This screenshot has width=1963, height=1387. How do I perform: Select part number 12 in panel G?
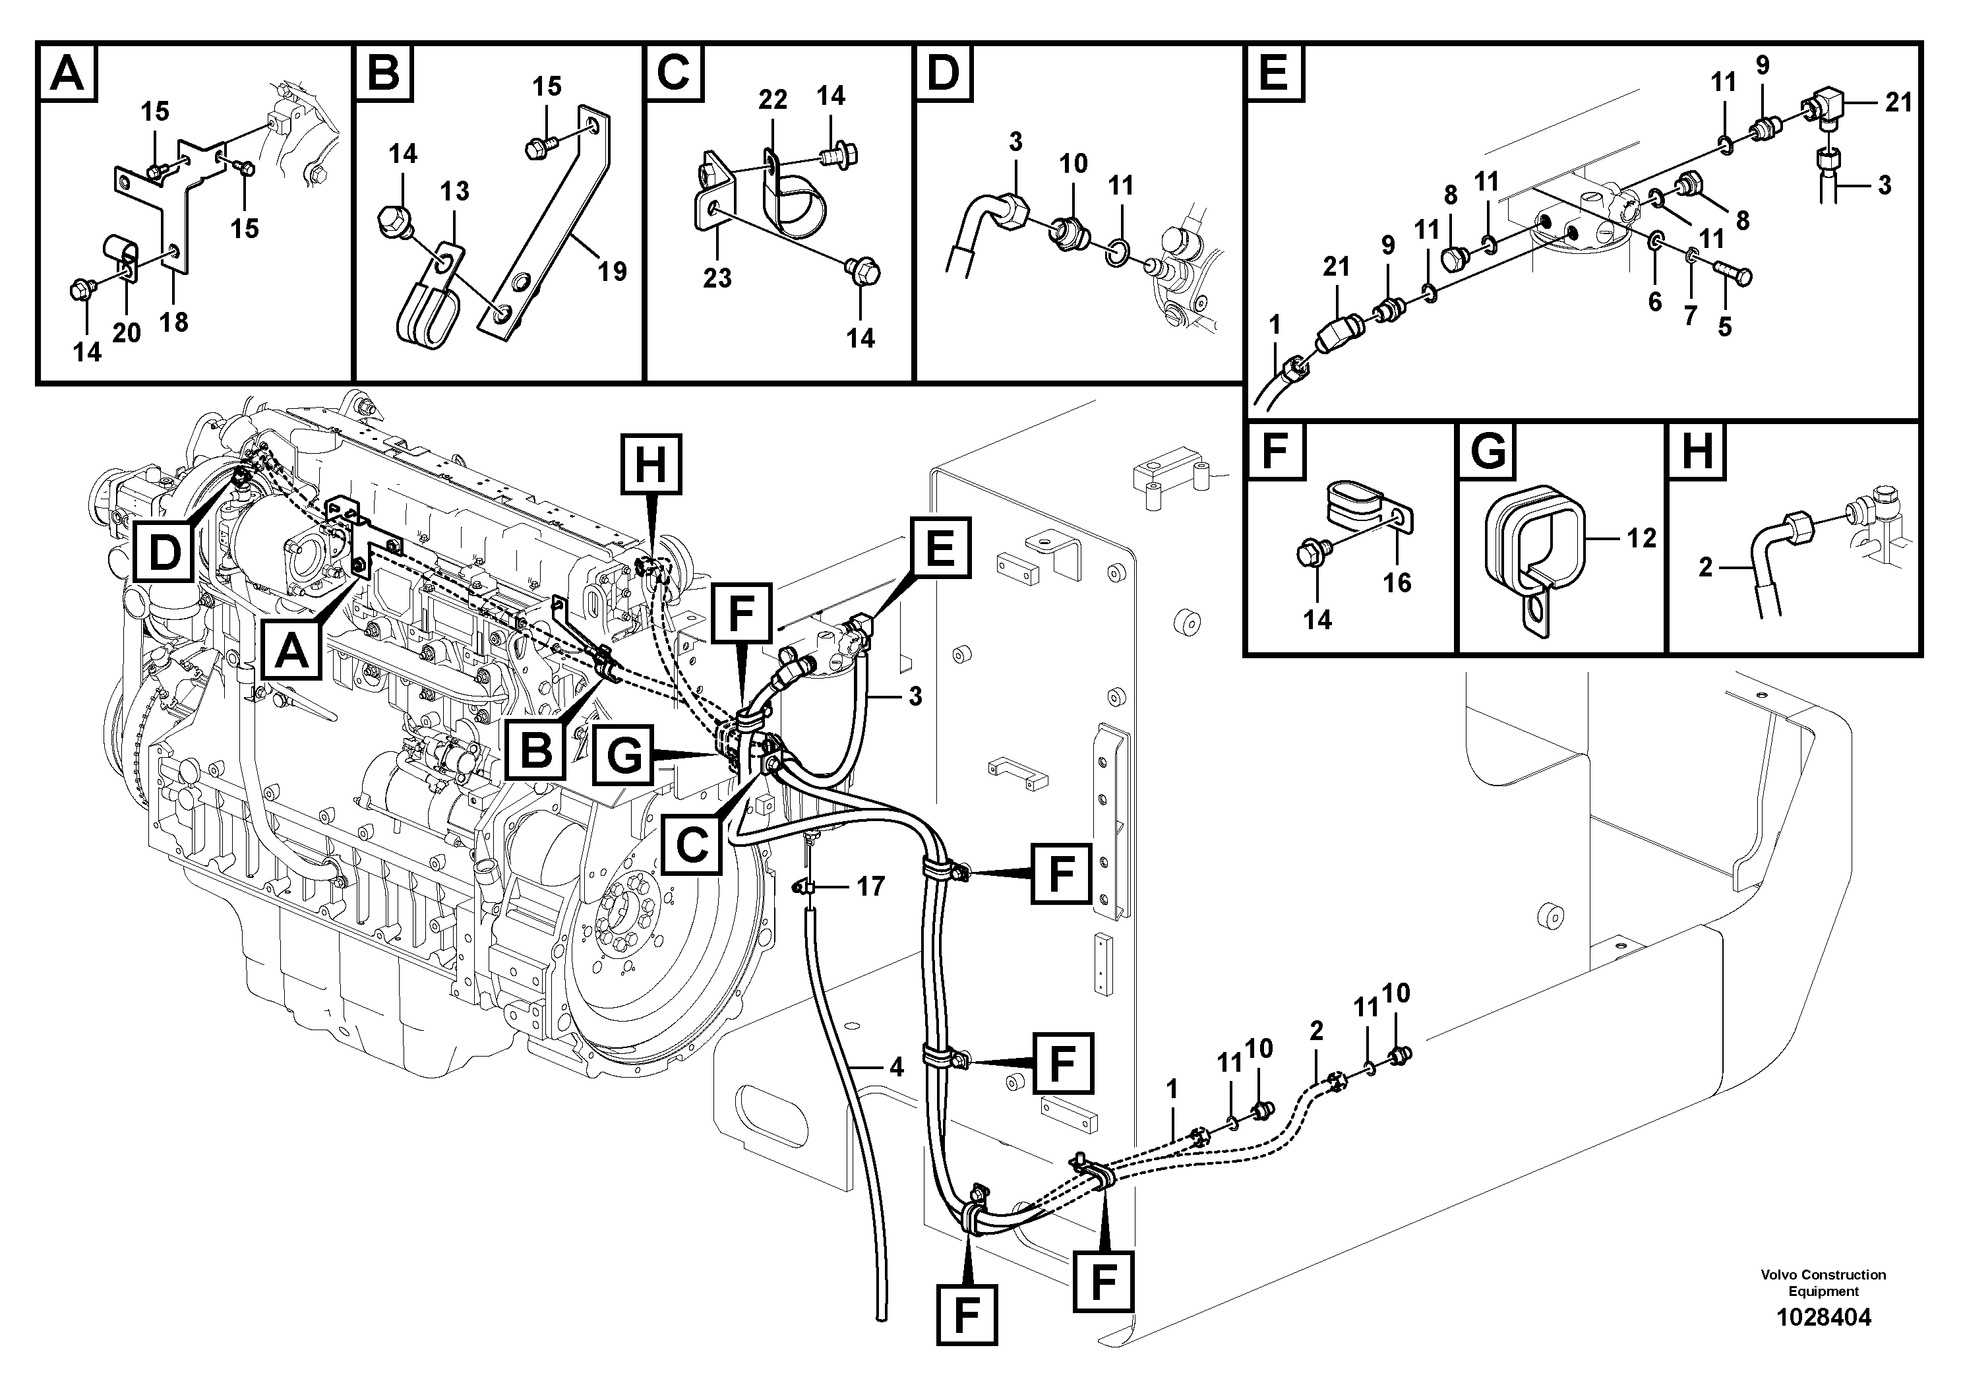coord(1641,538)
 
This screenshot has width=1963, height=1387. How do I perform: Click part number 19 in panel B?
coord(612,272)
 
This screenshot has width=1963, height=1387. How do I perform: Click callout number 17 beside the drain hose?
coord(870,887)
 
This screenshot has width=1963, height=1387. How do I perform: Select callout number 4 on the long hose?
coord(895,1067)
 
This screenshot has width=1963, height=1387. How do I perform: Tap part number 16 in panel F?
coord(1397,583)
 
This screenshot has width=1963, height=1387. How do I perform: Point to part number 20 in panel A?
coord(127,332)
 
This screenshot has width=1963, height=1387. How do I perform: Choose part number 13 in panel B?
coord(455,191)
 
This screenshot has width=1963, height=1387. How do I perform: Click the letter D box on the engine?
coord(164,553)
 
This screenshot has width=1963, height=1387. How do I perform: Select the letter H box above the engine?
coord(651,466)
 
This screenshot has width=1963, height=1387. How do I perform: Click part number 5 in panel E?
coord(1724,326)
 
